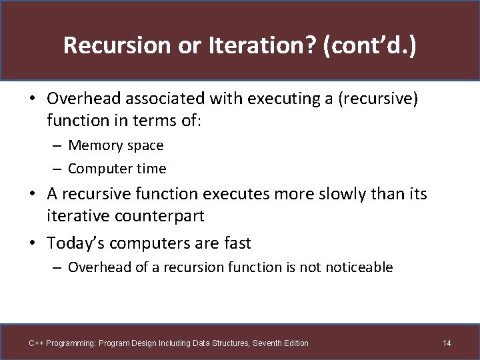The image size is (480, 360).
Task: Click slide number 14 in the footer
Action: coord(446,343)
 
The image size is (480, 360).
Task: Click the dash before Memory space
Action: coord(58,145)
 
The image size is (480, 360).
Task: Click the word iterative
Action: coord(74,216)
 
